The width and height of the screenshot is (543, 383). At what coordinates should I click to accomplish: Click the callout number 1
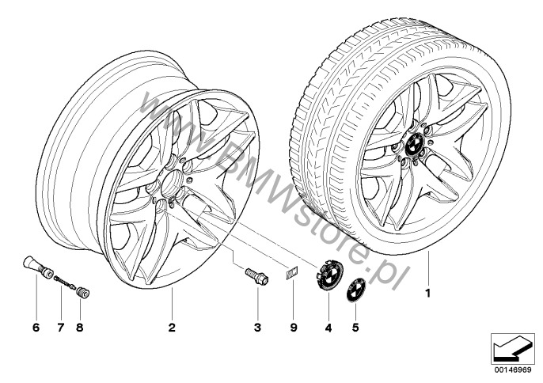pos(428,293)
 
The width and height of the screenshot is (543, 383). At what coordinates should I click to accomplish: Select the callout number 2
pos(172,328)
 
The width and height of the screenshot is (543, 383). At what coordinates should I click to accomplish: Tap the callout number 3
pos(257,328)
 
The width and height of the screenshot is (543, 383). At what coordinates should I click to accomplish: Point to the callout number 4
pos(328,328)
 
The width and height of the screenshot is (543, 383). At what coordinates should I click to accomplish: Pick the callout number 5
pos(355,328)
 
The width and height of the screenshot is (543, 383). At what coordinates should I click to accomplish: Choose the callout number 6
pos(36,328)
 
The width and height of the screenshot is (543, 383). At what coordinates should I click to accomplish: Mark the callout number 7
pos(61,328)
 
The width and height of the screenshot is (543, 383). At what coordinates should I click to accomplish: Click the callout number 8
pos(80,328)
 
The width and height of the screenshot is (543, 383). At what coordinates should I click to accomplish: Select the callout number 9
pos(294,328)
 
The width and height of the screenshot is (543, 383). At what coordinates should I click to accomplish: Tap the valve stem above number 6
pos(37,267)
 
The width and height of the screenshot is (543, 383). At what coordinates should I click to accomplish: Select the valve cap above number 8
pos(83,292)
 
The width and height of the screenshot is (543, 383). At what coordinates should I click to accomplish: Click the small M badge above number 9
pos(292,273)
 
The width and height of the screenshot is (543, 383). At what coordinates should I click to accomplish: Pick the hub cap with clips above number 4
pos(329,275)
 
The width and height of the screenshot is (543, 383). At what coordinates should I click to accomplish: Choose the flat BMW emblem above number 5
pos(356,290)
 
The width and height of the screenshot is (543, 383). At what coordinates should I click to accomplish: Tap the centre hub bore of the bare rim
pos(172,183)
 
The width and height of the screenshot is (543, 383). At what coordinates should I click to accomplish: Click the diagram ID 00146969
pos(513,370)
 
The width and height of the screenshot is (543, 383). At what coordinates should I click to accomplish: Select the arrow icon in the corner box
pos(512,349)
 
